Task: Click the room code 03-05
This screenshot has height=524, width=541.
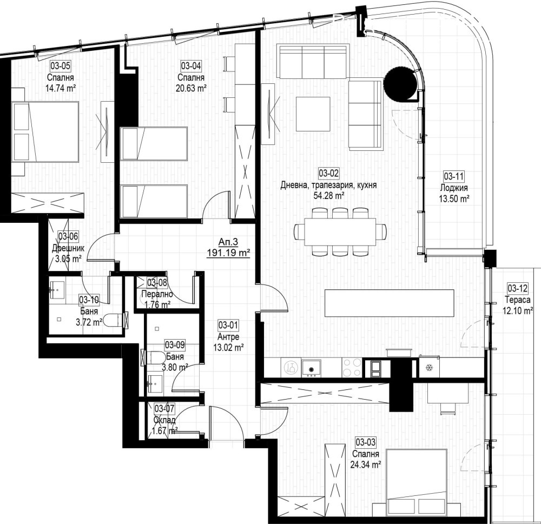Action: pos(61,65)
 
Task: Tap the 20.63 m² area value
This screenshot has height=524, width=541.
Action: pos(191,88)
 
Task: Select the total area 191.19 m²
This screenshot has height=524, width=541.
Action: pos(228,253)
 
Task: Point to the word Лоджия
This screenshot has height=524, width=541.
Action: pos(454,188)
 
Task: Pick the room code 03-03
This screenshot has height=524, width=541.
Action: pos(366,442)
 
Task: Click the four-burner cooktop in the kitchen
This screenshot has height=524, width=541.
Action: pos(352,367)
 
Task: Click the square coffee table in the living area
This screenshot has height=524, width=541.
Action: pos(313,114)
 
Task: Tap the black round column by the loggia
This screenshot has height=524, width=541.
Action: pos(400,83)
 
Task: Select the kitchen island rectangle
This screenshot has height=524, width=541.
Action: pos(389,303)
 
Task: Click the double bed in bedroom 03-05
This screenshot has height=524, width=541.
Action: pos(45,131)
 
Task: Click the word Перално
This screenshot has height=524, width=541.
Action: pos(157,294)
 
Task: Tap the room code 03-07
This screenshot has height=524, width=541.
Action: pos(164,409)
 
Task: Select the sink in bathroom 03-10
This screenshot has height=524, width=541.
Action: pos(57,289)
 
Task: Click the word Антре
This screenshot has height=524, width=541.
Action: pos(228,336)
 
